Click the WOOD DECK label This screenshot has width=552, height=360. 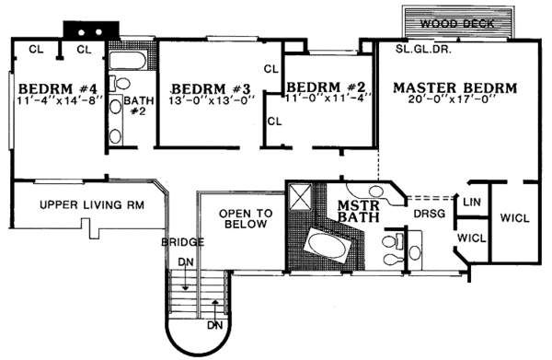457,23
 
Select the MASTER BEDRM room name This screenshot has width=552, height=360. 454,88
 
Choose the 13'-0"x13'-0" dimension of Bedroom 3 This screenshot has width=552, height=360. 212,103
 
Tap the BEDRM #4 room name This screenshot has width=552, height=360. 58,88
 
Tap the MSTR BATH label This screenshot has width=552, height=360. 354,211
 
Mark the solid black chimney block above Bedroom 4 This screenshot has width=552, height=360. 87,30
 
